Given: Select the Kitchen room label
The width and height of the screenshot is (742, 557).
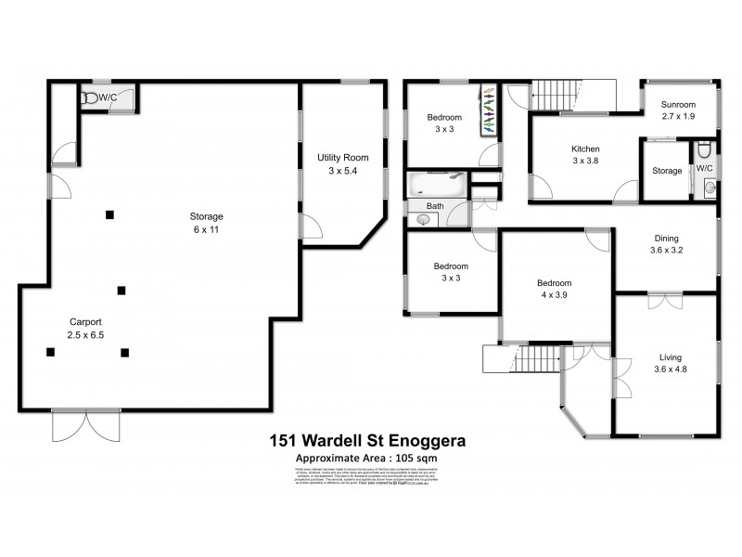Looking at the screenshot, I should tap(585, 155).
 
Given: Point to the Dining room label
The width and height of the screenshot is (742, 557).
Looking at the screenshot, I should tap(665, 243).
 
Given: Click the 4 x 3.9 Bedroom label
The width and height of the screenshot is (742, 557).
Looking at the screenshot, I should tap(555, 290).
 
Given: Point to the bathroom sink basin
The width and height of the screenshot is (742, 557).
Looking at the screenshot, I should tap(423, 219).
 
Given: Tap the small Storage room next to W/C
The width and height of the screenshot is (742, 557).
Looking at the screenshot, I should tap(666, 171).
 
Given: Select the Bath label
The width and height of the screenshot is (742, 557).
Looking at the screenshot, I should tap(434, 206).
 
